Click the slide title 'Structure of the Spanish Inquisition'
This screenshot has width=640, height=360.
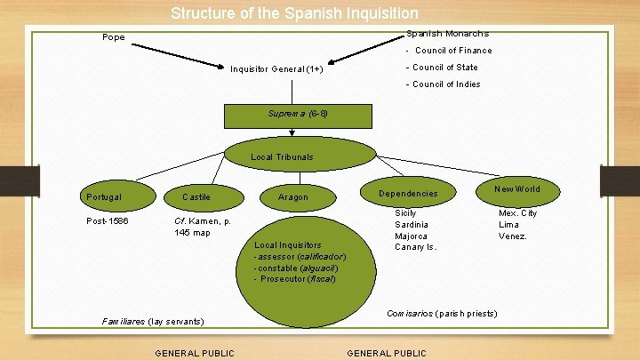click(x=294, y=13)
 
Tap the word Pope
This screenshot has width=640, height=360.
click(x=114, y=37)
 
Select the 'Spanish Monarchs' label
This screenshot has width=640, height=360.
click(x=447, y=34)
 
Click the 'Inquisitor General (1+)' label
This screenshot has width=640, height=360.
click(x=276, y=69)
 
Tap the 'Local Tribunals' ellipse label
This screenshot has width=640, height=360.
click(x=282, y=157)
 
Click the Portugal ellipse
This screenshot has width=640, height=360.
click(x=105, y=196)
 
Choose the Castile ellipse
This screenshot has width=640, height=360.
click(x=196, y=196)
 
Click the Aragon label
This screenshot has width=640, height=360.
click(x=293, y=197)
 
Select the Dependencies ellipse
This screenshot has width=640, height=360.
click(x=408, y=194)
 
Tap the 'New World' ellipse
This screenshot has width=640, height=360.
click(x=517, y=189)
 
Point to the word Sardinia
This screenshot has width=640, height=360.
click(x=411, y=225)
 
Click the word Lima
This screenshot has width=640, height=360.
click(x=508, y=225)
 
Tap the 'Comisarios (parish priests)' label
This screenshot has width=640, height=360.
click(x=441, y=314)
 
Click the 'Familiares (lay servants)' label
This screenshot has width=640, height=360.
click(x=153, y=320)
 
